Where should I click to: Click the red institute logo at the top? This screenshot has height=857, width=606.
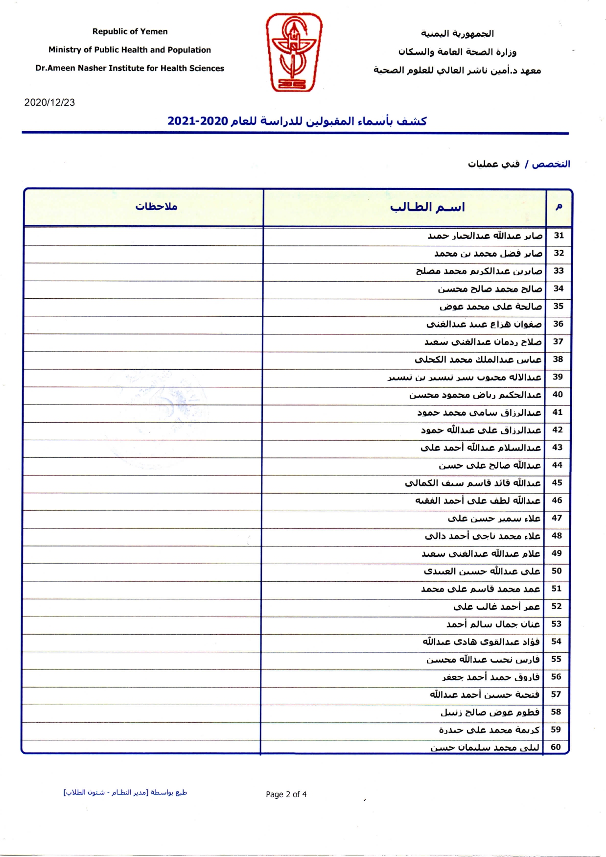[294, 52]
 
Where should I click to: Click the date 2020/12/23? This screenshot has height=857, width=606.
[49, 102]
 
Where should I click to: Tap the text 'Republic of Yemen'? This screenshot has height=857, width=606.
[130, 31]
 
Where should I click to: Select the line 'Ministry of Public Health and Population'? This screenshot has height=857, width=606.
[130, 49]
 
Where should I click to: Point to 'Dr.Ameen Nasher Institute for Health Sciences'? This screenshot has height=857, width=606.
[130, 68]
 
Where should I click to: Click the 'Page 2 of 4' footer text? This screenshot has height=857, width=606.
[286, 794]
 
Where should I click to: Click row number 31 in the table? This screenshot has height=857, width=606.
[559, 236]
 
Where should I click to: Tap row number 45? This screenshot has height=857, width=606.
[557, 482]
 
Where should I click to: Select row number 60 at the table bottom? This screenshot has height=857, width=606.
[556, 747]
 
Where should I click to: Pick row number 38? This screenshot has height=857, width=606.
[558, 359]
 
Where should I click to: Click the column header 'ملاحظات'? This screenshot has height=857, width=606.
[156, 207]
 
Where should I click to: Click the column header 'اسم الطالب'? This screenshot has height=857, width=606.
[427, 207]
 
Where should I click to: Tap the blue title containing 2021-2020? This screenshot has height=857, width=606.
[297, 121]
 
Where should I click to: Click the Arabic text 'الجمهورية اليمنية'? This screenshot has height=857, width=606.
[457, 33]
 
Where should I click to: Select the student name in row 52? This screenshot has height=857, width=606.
[496, 606]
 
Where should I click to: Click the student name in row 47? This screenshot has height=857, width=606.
[494, 518]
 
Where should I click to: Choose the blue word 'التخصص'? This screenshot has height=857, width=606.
[551, 164]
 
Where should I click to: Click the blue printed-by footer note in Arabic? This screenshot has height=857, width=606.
[125, 792]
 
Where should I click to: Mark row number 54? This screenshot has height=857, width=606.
[556, 641]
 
